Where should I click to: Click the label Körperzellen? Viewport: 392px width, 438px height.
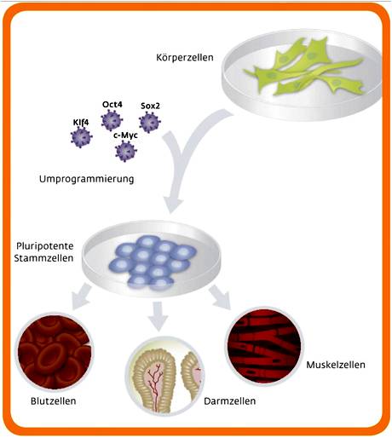[x=185, y=58]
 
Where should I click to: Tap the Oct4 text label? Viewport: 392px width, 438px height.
[x=112, y=105]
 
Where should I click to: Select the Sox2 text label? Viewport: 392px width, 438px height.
[x=150, y=106]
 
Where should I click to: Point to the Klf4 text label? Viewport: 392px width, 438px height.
[x=81, y=122]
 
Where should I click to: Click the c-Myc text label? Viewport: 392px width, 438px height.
[x=125, y=135]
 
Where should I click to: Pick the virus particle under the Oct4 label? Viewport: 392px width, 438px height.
[x=112, y=120]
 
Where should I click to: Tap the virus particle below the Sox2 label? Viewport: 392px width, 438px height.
[x=150, y=122]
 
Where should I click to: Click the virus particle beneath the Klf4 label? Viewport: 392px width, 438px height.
[x=82, y=137]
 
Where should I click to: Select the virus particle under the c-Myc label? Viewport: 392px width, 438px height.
[x=126, y=151]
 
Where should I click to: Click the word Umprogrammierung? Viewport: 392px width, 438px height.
[x=87, y=179]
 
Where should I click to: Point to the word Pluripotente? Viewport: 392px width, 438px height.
[x=45, y=246]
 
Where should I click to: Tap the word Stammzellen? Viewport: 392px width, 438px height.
[x=43, y=258]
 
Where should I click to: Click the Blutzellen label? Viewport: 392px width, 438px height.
[x=54, y=401]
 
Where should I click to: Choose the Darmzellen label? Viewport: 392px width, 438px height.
[x=230, y=401]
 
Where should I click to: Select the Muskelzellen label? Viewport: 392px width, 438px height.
[x=336, y=365]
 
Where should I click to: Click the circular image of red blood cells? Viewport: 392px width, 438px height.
[x=55, y=352]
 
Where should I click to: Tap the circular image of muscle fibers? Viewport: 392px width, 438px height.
[x=264, y=346]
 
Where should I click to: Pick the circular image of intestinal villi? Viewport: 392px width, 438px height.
[x=165, y=376]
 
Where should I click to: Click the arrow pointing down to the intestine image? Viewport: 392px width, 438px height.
[x=159, y=316]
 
